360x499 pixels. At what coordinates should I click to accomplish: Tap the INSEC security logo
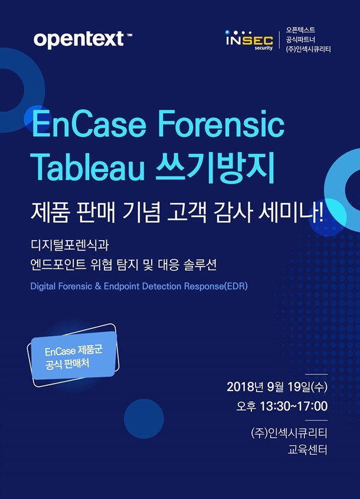pyautogui.click(x=249, y=40)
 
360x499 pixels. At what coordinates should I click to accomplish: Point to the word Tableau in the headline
pyautogui.click(x=88, y=166)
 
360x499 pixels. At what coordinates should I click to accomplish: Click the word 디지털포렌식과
pyautogui.click(x=70, y=245)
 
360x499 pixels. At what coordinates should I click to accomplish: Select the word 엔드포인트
pyautogui.click(x=58, y=264)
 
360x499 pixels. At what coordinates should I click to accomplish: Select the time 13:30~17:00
pyautogui.click(x=294, y=406)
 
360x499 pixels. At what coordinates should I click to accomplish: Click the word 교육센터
pyautogui.click(x=307, y=449)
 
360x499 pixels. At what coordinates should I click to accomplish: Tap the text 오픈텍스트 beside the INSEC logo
pyautogui.click(x=300, y=30)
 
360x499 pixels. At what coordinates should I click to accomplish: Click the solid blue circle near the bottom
pyautogui.click(x=144, y=419)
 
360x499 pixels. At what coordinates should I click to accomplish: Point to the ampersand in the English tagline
pyautogui.click(x=98, y=286)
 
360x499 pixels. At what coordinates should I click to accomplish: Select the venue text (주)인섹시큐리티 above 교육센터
pyautogui.click(x=289, y=433)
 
